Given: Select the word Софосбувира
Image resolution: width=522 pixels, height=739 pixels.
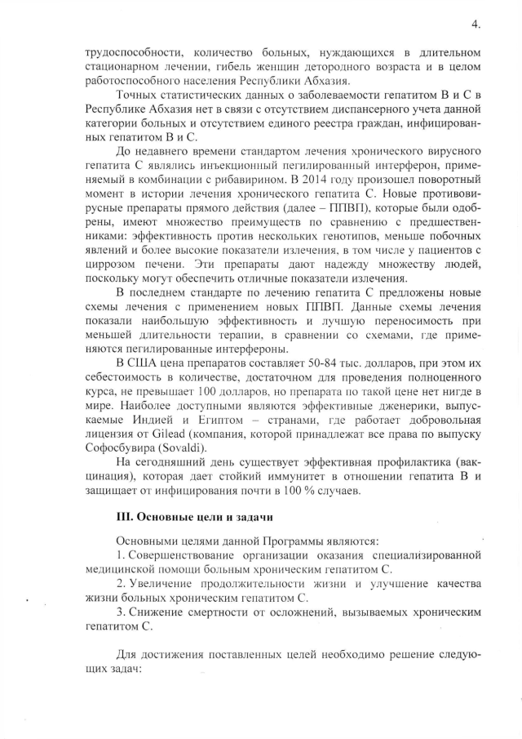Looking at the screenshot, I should (117, 448).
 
